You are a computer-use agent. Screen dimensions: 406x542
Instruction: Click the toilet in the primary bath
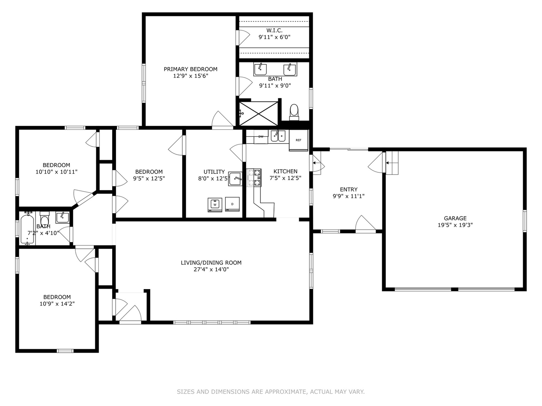tap(294, 112)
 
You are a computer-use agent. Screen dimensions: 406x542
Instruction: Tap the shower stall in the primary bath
tap(259, 114)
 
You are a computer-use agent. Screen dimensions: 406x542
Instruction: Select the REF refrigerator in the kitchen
tap(298, 140)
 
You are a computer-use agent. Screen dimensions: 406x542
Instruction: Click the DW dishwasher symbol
tap(260, 137)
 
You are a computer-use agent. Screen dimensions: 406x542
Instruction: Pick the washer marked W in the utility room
tap(215, 205)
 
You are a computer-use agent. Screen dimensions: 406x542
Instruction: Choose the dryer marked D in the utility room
tap(232, 204)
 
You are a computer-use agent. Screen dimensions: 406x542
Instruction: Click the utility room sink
tap(236, 179)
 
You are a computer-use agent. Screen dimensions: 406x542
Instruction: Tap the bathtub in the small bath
tap(27, 229)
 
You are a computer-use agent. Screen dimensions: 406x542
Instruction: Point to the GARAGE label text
tap(455, 218)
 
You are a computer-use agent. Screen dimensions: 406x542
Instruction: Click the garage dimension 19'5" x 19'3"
tap(455, 225)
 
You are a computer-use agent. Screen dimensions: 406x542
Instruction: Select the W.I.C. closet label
tap(274, 30)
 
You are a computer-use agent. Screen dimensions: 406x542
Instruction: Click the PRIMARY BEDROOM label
tap(190, 69)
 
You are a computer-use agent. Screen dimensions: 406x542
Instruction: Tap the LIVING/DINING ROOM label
tap(211, 262)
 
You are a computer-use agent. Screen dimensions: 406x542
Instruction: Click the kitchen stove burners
tap(254, 178)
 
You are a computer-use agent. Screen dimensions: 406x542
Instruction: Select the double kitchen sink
tap(278, 135)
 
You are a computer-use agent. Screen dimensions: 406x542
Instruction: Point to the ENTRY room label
tap(349, 189)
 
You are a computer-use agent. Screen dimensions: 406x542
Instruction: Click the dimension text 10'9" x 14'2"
tap(57, 303)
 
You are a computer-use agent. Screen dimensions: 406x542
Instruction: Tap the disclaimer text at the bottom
tap(271, 392)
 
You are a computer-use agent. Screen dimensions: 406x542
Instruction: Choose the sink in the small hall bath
tap(62, 217)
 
